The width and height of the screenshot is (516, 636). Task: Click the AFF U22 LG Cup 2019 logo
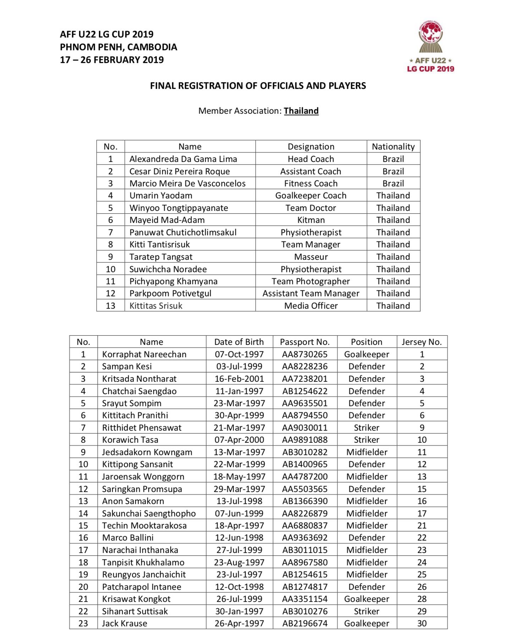coord(430,46)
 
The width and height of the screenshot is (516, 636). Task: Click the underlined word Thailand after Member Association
coord(301,111)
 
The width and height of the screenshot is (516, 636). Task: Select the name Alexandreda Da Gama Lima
coord(183,159)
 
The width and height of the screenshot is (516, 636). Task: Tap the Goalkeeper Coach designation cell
coord(311,196)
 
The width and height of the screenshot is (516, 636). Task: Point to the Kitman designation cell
coord(311,220)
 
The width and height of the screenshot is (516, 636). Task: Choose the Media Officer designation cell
coord(311,306)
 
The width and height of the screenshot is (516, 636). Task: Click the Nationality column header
coord(393,147)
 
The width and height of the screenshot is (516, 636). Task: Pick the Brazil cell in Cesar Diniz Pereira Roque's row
coord(393,172)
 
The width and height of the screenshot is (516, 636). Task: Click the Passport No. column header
coord(305,342)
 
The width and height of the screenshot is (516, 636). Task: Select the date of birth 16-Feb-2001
coord(239,379)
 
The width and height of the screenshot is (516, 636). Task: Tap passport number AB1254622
coord(305,391)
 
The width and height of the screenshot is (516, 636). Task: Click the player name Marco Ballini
coord(128,538)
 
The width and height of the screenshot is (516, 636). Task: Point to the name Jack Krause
coord(125,623)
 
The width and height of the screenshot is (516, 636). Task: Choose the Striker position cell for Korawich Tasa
coord(367,440)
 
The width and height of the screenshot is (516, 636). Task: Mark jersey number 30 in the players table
coord(422,623)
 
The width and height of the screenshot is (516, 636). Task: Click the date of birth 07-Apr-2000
coord(239,440)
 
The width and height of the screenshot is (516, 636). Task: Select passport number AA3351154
coord(305,599)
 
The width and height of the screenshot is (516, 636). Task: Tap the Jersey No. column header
coord(422,342)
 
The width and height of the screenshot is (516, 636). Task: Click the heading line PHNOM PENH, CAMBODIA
coord(119,47)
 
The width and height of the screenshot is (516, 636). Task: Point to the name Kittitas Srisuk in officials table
coord(156,306)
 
